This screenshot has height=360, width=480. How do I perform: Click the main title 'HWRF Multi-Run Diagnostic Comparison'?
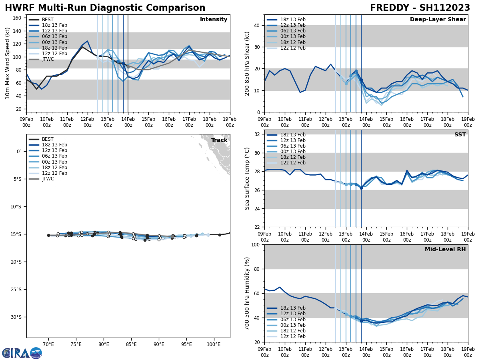tap(105, 8)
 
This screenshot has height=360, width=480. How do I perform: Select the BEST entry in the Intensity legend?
tap(48, 20)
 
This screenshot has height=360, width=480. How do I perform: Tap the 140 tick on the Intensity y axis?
tap(18, 31)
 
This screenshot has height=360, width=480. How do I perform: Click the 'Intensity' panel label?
tap(214, 20)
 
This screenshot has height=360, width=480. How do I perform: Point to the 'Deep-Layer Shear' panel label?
tap(438, 20)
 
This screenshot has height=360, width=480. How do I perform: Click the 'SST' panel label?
tap(460, 135)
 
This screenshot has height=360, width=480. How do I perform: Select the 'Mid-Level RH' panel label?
tap(445, 250)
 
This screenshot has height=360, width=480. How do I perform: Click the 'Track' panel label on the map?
tap(219, 140)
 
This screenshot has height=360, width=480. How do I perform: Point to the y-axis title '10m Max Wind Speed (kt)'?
tap(8, 63)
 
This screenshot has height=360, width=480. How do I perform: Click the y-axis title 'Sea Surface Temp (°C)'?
tap(247, 178)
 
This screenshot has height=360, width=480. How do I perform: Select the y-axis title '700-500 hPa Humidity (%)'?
tap(248, 294)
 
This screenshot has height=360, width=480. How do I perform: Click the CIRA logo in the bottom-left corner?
tap(22, 353)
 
